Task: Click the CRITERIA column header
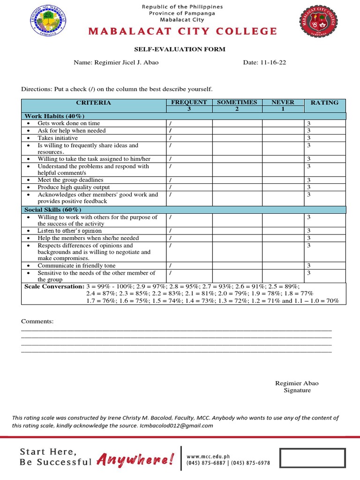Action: coord(93,102)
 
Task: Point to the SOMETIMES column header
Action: coord(237,102)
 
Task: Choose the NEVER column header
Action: coord(283,102)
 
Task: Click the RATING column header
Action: coord(324,102)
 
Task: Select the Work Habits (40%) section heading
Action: coord(54,116)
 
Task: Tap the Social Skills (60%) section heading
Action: coord(53,210)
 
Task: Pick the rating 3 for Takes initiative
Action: coord(308,138)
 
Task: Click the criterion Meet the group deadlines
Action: coord(70,180)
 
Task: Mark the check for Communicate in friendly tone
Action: coord(170,266)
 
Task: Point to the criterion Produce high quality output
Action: coord(74,187)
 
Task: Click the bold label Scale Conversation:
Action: coord(54,286)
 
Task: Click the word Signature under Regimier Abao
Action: coord(297,390)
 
